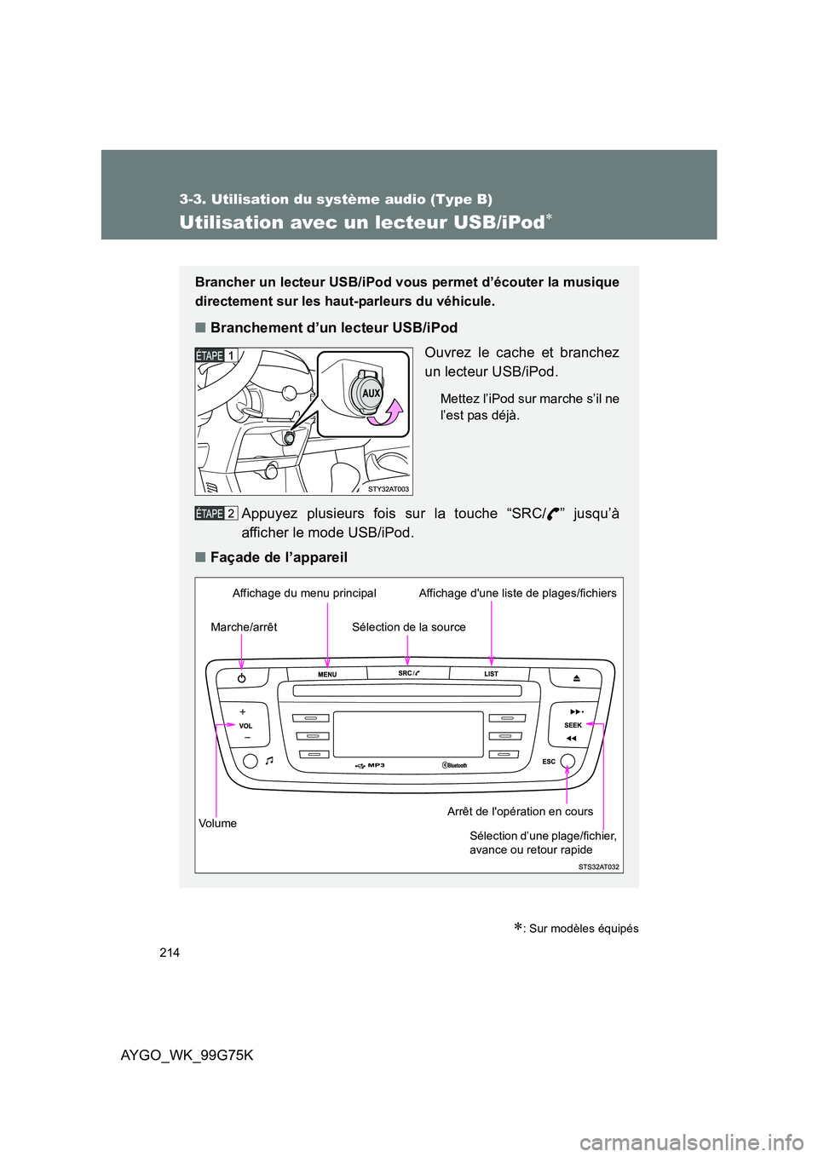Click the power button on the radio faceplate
[x=242, y=678]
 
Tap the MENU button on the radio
[x=327, y=675]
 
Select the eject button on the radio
[x=577, y=678]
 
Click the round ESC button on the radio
[x=567, y=762]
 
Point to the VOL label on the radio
[x=245, y=726]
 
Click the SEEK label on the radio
[x=573, y=725]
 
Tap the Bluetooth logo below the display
[x=455, y=765]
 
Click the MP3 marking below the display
[x=376, y=765]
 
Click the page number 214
[x=169, y=952]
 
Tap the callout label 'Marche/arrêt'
[x=244, y=627]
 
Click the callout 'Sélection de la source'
[x=408, y=627]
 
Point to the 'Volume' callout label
[x=217, y=823]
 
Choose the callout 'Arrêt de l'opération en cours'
[x=520, y=811]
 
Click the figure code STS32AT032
[x=599, y=866]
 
